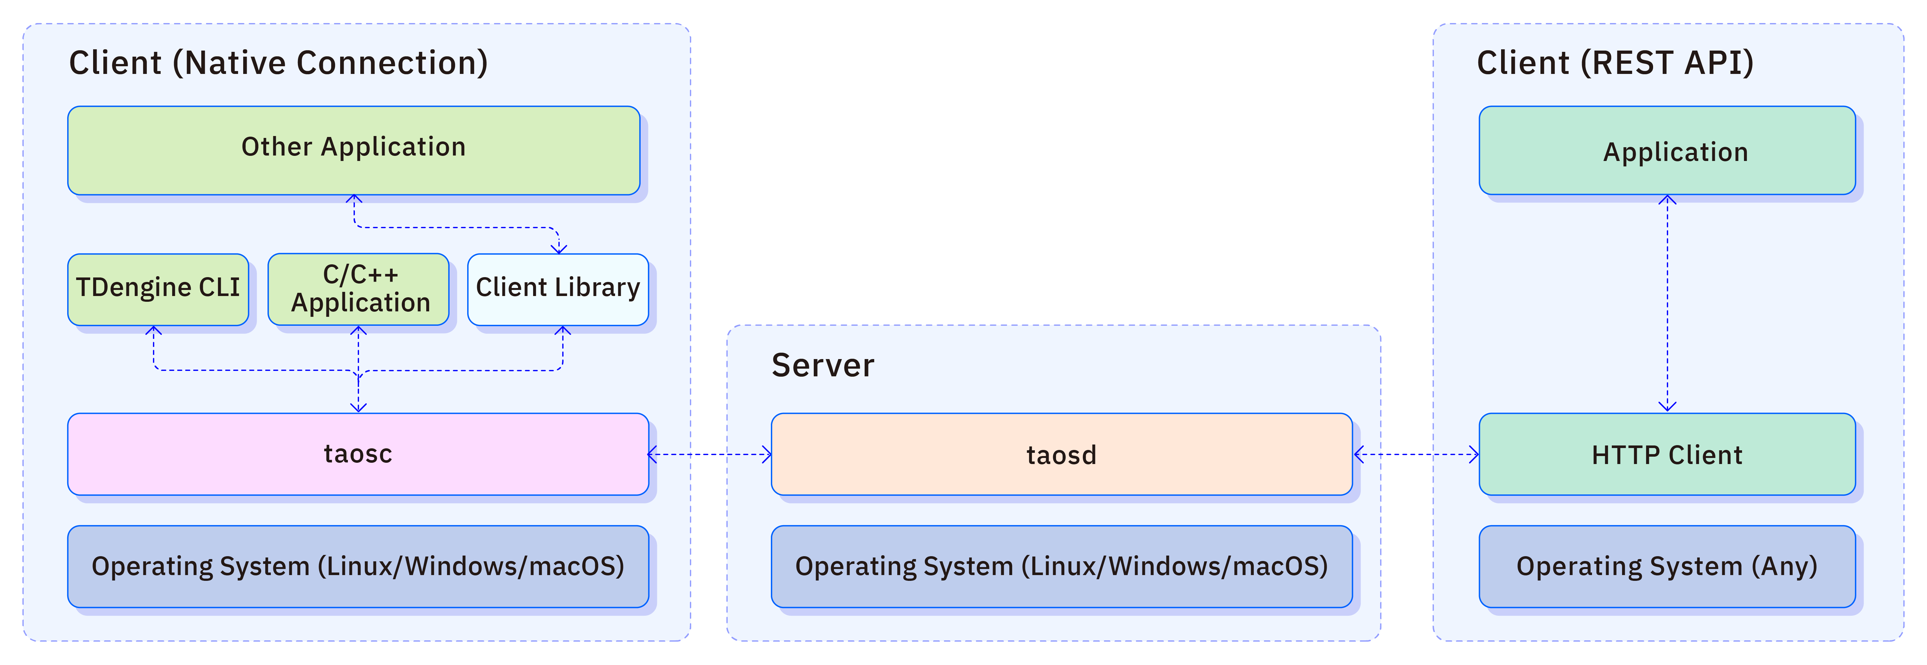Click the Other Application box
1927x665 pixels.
(x=354, y=150)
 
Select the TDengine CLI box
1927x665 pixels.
(x=158, y=290)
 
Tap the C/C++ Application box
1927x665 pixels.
(x=358, y=290)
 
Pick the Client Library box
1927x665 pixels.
(x=558, y=290)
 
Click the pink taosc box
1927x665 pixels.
(x=358, y=454)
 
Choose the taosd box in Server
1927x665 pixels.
(x=1061, y=454)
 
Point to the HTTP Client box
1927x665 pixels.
(x=1667, y=454)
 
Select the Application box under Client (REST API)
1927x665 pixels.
(x=1667, y=150)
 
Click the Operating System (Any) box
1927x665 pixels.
(x=1667, y=566)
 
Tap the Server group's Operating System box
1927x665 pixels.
(x=1061, y=566)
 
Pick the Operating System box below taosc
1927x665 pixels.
(x=358, y=566)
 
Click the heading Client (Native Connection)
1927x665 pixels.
(x=278, y=63)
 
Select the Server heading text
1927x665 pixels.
(x=823, y=365)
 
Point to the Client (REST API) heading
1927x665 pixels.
(x=1615, y=63)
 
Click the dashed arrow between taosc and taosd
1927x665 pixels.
(x=710, y=454)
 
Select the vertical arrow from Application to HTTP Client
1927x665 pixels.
(x=1667, y=303)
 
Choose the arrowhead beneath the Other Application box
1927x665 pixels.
(x=355, y=200)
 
